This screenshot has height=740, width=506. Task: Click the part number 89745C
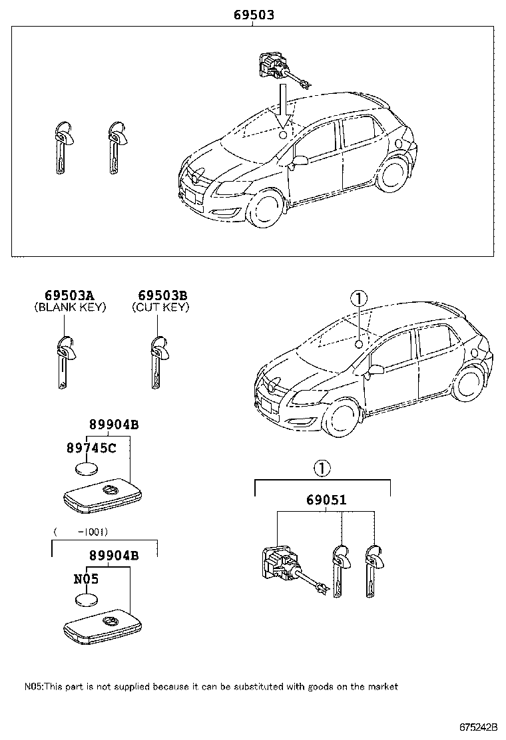[x=91, y=448]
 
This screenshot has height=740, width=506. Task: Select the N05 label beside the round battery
[x=86, y=580]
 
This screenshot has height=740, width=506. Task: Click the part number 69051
[x=326, y=499]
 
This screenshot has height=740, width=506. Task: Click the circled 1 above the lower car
[x=358, y=298]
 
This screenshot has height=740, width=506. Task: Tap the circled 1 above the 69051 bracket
[x=322, y=468]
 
